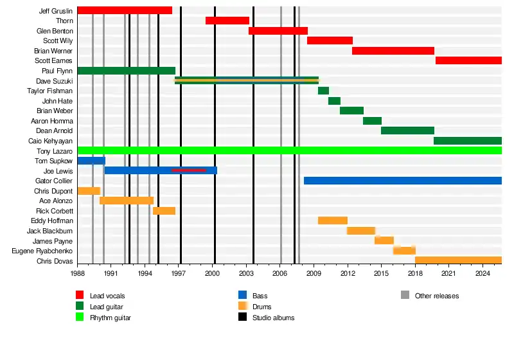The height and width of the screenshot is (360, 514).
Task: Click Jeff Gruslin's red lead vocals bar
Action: (125, 10)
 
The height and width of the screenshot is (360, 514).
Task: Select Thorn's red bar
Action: (227, 21)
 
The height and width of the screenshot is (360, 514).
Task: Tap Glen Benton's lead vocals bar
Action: (278, 31)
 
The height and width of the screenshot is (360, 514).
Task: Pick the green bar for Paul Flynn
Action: (126, 71)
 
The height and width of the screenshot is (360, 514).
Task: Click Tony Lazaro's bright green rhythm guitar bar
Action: (289, 150)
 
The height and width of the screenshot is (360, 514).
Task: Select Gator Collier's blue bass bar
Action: (402, 181)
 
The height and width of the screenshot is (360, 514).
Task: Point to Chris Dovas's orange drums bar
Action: (458, 260)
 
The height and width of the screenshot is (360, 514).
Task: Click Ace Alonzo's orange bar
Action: (127, 201)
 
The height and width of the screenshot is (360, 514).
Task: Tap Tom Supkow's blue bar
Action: (91, 161)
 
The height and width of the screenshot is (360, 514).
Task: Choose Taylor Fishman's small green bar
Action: (323, 91)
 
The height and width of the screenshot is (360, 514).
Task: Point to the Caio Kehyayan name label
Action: (51, 141)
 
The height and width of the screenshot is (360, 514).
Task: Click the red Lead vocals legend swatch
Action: (80, 295)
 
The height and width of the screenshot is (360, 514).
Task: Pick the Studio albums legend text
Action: (273, 318)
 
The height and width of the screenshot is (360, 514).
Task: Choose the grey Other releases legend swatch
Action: (405, 295)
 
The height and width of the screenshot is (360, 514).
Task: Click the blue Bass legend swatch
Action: (242, 295)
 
